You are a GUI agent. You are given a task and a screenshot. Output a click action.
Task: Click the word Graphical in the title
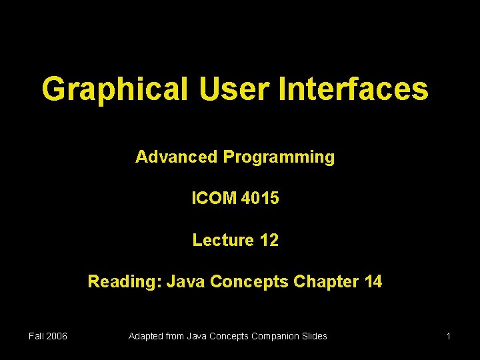(x=115, y=89)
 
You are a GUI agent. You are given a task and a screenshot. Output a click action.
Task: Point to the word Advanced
(x=177, y=157)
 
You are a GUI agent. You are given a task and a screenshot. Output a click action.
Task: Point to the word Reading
(x=125, y=281)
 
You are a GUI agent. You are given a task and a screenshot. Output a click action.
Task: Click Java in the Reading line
(x=186, y=281)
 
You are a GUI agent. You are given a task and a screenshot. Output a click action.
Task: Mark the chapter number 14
(x=373, y=281)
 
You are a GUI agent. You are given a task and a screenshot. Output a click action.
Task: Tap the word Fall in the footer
(x=37, y=336)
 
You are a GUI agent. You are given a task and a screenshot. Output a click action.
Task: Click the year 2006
(x=57, y=336)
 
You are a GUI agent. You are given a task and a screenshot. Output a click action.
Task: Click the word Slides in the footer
(x=315, y=336)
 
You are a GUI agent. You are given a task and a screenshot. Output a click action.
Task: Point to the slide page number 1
(x=449, y=336)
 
